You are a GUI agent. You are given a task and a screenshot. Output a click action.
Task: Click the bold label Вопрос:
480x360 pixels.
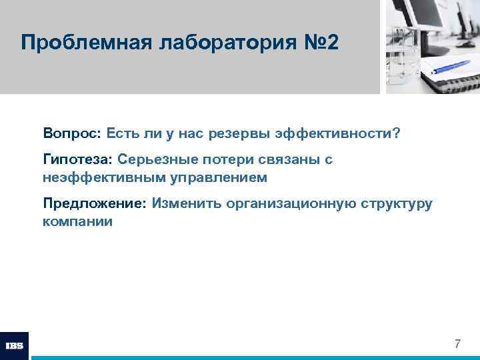pyautogui.click(x=71, y=134)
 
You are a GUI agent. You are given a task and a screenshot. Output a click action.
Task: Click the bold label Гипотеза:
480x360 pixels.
pyautogui.click(x=78, y=160)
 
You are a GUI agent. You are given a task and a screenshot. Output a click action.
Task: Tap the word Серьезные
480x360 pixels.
pyautogui.click(x=152, y=160)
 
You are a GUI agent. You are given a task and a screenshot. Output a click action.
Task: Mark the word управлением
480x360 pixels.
pyautogui.click(x=212, y=178)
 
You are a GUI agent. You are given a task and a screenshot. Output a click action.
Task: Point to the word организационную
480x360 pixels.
pyautogui.click(x=287, y=203)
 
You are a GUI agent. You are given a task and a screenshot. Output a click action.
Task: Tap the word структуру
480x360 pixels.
pyautogui.click(x=397, y=203)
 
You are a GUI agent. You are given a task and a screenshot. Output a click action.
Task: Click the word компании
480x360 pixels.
pyautogui.click(x=77, y=221)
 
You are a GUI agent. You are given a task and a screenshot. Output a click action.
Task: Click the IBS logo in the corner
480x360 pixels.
pyautogui.click(x=14, y=345)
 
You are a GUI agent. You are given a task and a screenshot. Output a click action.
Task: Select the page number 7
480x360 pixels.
pyautogui.click(x=457, y=344)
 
